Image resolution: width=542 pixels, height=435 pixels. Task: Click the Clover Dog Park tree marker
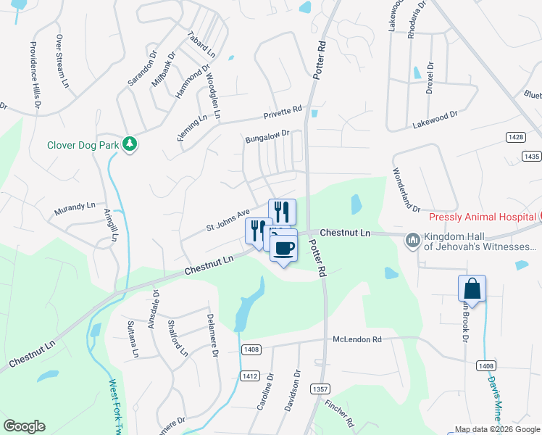[130, 144]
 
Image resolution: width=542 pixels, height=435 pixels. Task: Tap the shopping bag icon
[472, 289]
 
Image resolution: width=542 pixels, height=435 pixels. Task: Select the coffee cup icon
[283, 248]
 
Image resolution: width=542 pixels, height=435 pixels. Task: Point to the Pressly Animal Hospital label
[480, 217]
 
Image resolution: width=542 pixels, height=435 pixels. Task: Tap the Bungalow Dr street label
[267, 134]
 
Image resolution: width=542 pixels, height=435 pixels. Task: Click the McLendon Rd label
[357, 339]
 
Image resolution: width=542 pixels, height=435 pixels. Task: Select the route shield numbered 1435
[531, 156]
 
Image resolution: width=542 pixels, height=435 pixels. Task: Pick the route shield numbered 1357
[320, 389]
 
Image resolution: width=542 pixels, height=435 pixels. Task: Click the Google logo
[24, 426]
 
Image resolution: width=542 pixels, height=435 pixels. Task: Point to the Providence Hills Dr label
[34, 72]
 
